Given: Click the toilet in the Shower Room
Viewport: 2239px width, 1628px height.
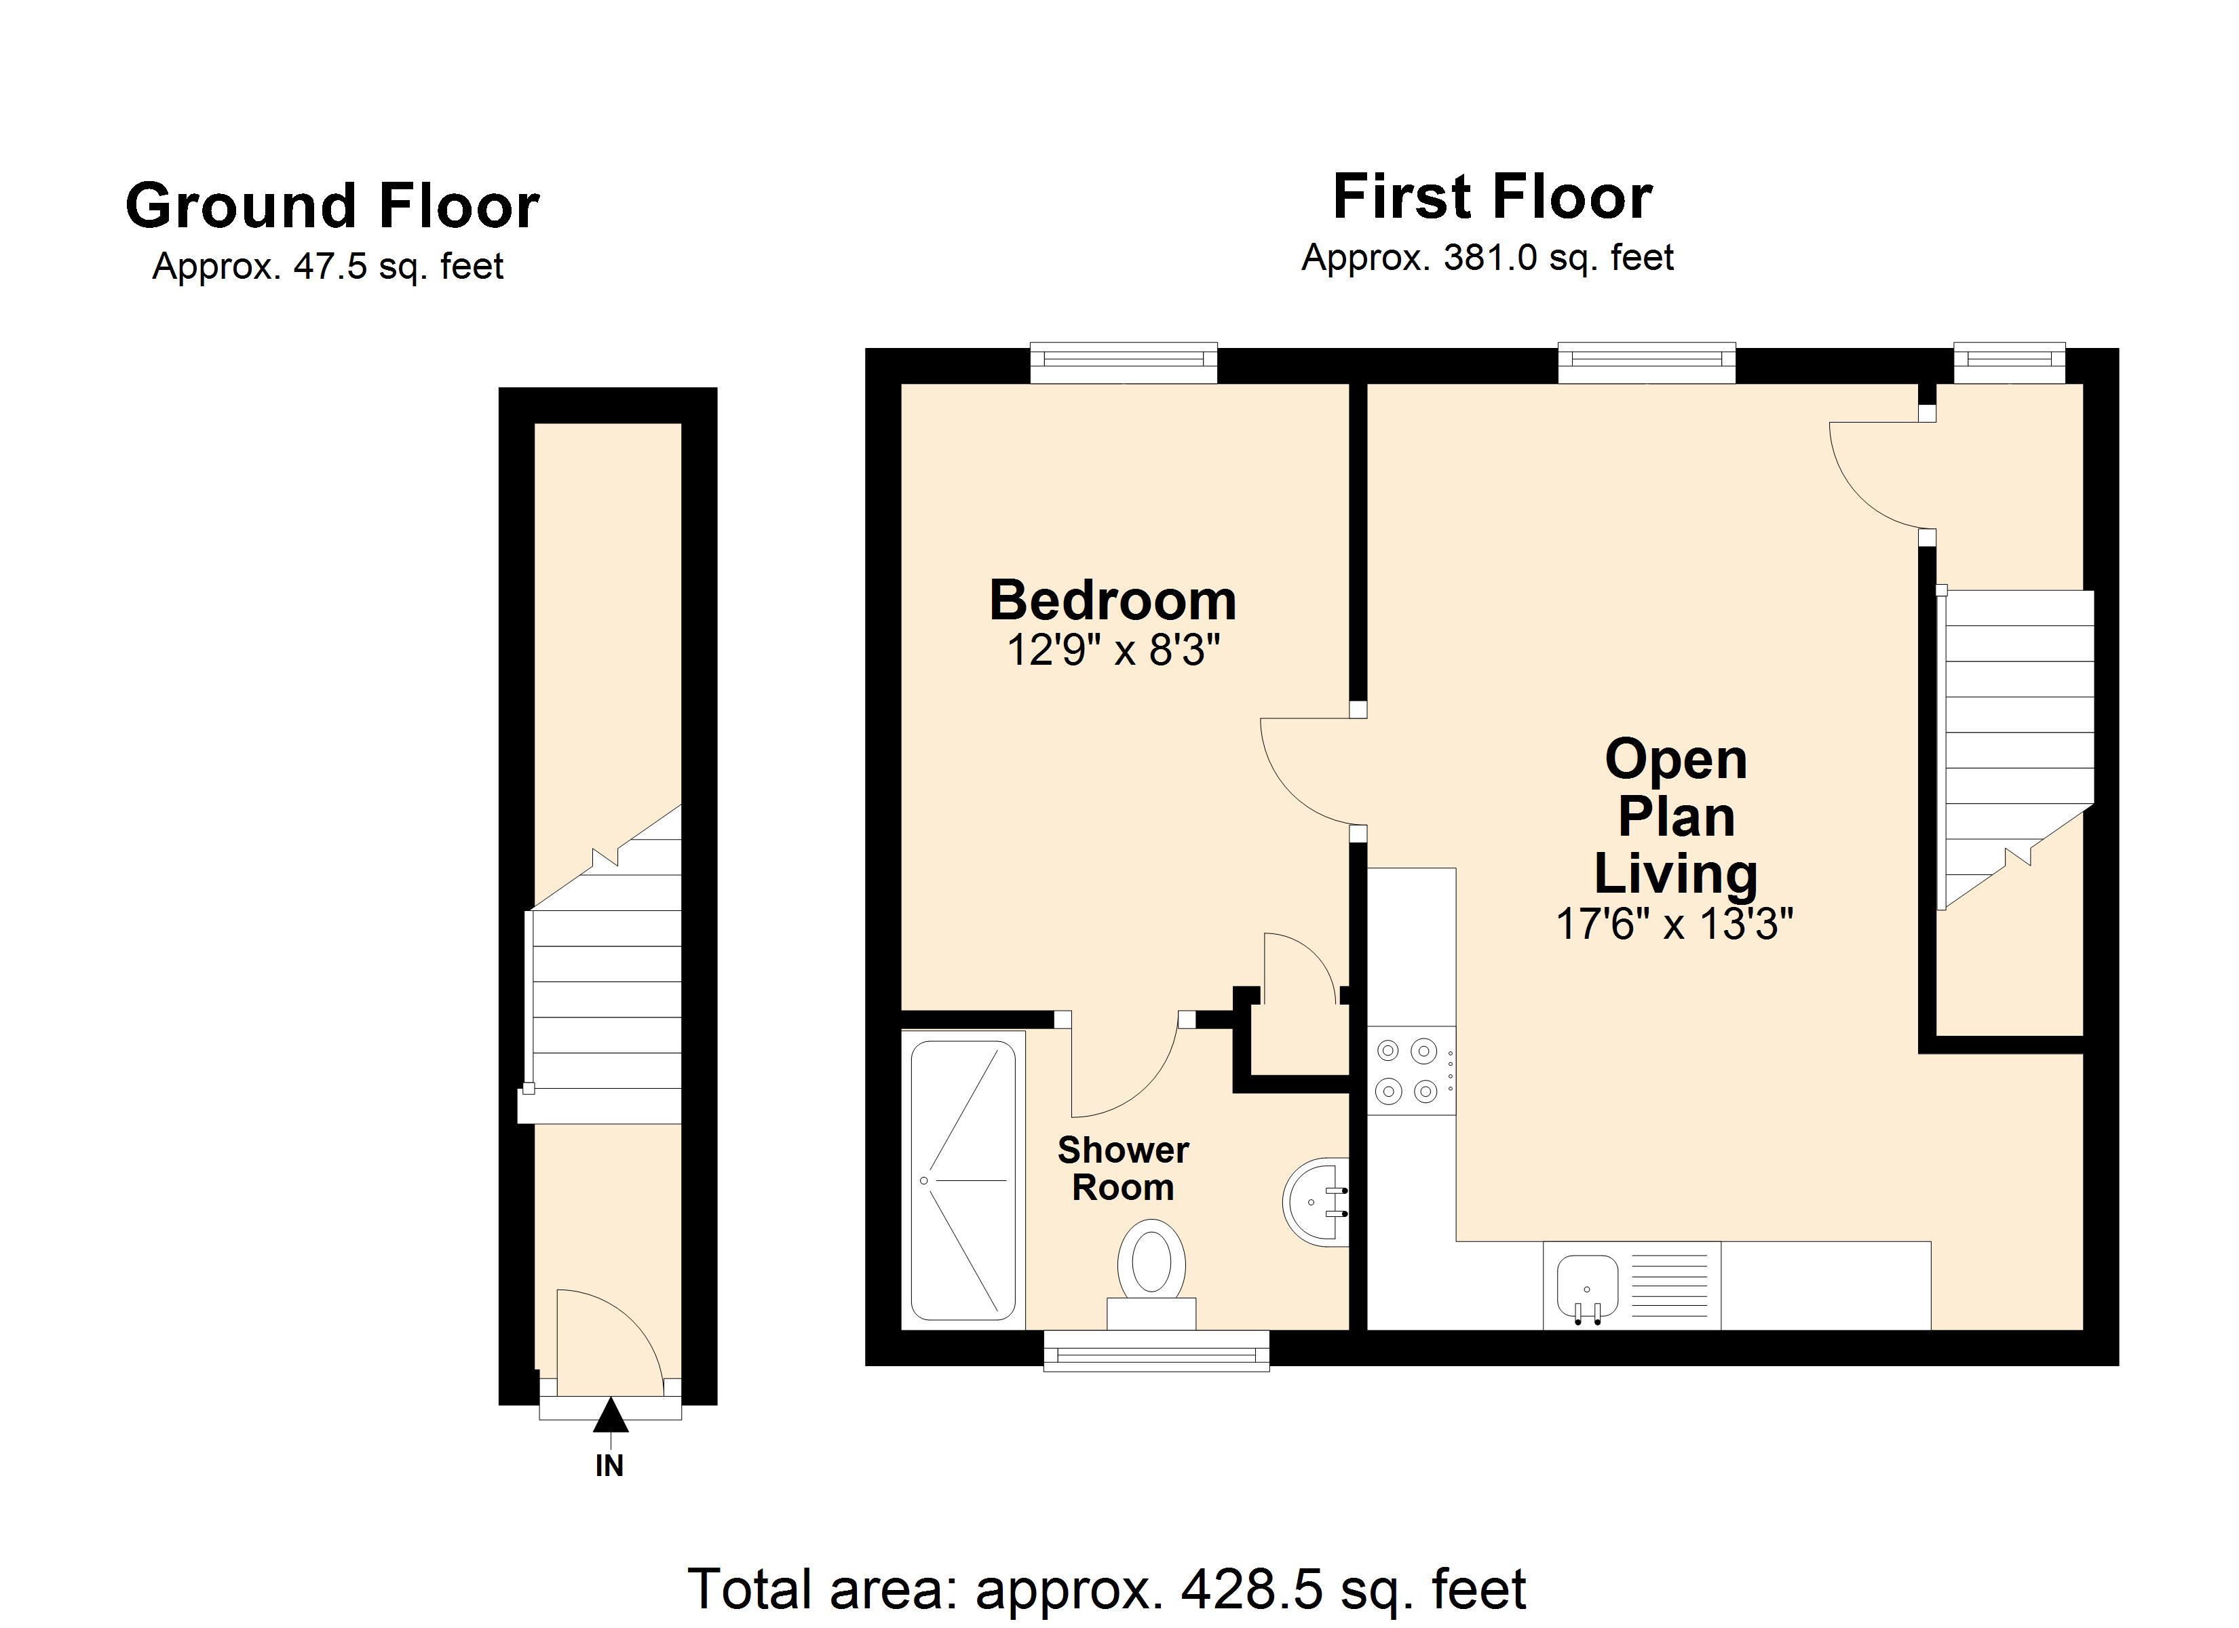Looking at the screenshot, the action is pyautogui.click(x=1151, y=1275).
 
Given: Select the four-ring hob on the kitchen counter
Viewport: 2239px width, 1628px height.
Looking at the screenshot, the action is pyautogui.click(x=1411, y=1071).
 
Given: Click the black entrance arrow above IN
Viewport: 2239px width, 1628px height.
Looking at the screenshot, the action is pyautogui.click(x=610, y=1415).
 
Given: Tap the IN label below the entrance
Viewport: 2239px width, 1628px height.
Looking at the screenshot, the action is pyautogui.click(x=609, y=1466).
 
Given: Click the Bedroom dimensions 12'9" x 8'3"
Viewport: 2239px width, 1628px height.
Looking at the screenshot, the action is pyautogui.click(x=1113, y=651).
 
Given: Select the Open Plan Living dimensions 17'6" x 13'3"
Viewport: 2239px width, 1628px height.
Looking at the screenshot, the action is pyautogui.click(x=1675, y=924).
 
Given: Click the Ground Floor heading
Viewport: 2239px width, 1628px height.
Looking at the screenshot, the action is pyautogui.click(x=332, y=206).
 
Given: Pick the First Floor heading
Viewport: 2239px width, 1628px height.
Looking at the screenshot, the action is pyautogui.click(x=1493, y=197).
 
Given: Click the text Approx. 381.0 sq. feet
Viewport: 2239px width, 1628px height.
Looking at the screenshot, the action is pyautogui.click(x=1488, y=258).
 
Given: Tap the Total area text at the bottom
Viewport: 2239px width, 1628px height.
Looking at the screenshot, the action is pyautogui.click(x=1107, y=1589).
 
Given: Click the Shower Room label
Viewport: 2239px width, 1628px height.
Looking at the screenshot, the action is pyautogui.click(x=1124, y=1168).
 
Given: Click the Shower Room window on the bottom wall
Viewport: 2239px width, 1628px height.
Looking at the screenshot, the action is pyautogui.click(x=1157, y=1351).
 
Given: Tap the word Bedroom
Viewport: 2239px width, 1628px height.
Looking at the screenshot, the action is pyautogui.click(x=1113, y=600).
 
